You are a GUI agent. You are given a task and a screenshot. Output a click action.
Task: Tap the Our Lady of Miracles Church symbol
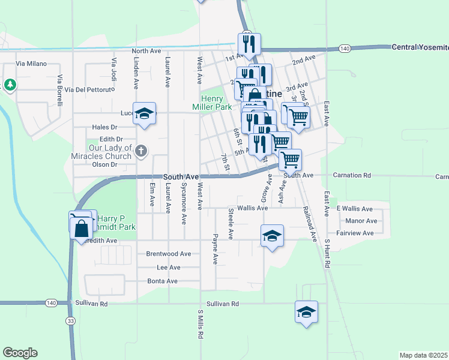(x=140, y=151)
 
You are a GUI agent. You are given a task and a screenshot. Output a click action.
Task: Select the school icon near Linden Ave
(x=144, y=115)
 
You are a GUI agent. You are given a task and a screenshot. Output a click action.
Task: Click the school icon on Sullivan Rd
(x=306, y=312)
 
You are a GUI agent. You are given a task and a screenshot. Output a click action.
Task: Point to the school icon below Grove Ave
(x=272, y=236)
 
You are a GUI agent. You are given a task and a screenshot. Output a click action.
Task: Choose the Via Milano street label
(x=31, y=63)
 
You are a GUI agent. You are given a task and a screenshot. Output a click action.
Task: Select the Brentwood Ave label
(x=168, y=254)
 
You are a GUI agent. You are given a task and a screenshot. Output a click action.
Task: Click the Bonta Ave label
(x=162, y=281)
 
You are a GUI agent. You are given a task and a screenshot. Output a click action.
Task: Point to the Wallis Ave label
(x=252, y=208)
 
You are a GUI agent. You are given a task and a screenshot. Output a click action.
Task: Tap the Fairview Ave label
(x=355, y=233)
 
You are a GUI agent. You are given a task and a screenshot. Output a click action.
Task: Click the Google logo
(x=20, y=353)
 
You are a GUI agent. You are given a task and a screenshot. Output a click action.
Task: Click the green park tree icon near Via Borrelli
(x=10, y=85)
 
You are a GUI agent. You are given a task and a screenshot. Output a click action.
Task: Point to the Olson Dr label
(x=104, y=164)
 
